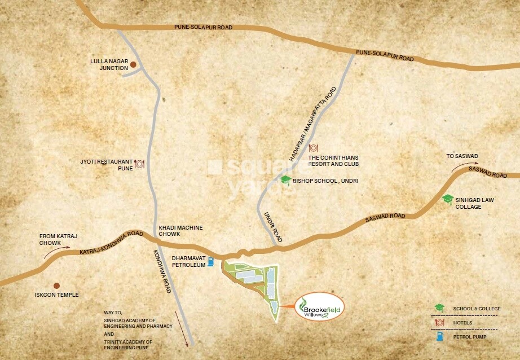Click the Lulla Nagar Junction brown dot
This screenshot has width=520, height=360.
pos(134,65)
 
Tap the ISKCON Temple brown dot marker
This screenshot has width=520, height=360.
pos(56,286)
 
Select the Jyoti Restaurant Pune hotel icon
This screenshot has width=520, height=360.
pos(139,164)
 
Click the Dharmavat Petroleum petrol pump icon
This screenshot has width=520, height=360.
pos(211,261)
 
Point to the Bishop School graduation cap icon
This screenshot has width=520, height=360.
pos(286,180)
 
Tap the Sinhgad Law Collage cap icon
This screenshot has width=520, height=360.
pos(447,199)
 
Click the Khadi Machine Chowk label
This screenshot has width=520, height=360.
pos(180,230)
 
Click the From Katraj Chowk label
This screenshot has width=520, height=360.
pos(54,239)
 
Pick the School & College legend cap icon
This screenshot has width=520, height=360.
pos(438,308)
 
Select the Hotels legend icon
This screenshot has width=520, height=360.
pos(438,323)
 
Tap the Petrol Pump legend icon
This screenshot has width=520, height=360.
pos(438,337)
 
